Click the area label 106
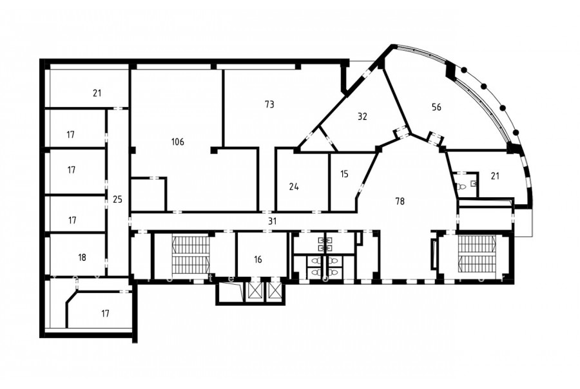tap(178, 142)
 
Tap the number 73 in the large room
tap(269, 104)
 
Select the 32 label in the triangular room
tap(362, 116)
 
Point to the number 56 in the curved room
tap(436, 107)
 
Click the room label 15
tap(344, 174)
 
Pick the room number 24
tap(294, 187)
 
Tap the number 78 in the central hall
tap(400, 201)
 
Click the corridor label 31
tap(272, 222)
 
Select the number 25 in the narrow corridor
tap(117, 200)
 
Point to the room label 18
tap(82, 257)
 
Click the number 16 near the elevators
tap(258, 259)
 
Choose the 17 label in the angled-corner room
tap(106, 314)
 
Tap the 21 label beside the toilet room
tap(495, 176)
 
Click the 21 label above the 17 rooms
tap(97, 93)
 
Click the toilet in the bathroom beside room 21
tap(459, 187)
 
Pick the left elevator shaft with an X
tap(255, 290)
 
